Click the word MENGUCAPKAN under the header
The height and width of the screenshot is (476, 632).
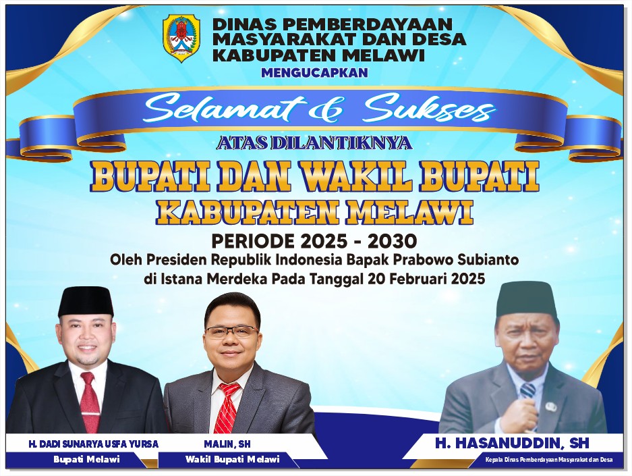point(314,73)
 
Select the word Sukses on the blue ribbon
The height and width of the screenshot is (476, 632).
point(429,109)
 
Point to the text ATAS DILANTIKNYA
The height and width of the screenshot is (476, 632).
point(314,142)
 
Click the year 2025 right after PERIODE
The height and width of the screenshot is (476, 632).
point(321,241)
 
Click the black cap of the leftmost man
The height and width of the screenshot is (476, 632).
point(86,301)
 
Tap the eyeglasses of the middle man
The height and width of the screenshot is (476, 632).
point(232,332)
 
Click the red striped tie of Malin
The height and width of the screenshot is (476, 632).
point(227,408)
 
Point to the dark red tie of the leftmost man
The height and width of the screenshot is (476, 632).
point(90,401)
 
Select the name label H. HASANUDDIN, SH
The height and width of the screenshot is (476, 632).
point(513,443)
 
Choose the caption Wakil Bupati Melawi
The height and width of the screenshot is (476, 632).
point(232,460)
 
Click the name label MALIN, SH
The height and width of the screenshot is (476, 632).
point(227,444)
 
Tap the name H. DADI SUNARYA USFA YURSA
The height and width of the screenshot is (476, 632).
point(93,444)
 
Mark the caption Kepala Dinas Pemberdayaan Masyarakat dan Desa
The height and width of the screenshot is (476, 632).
point(549,460)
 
